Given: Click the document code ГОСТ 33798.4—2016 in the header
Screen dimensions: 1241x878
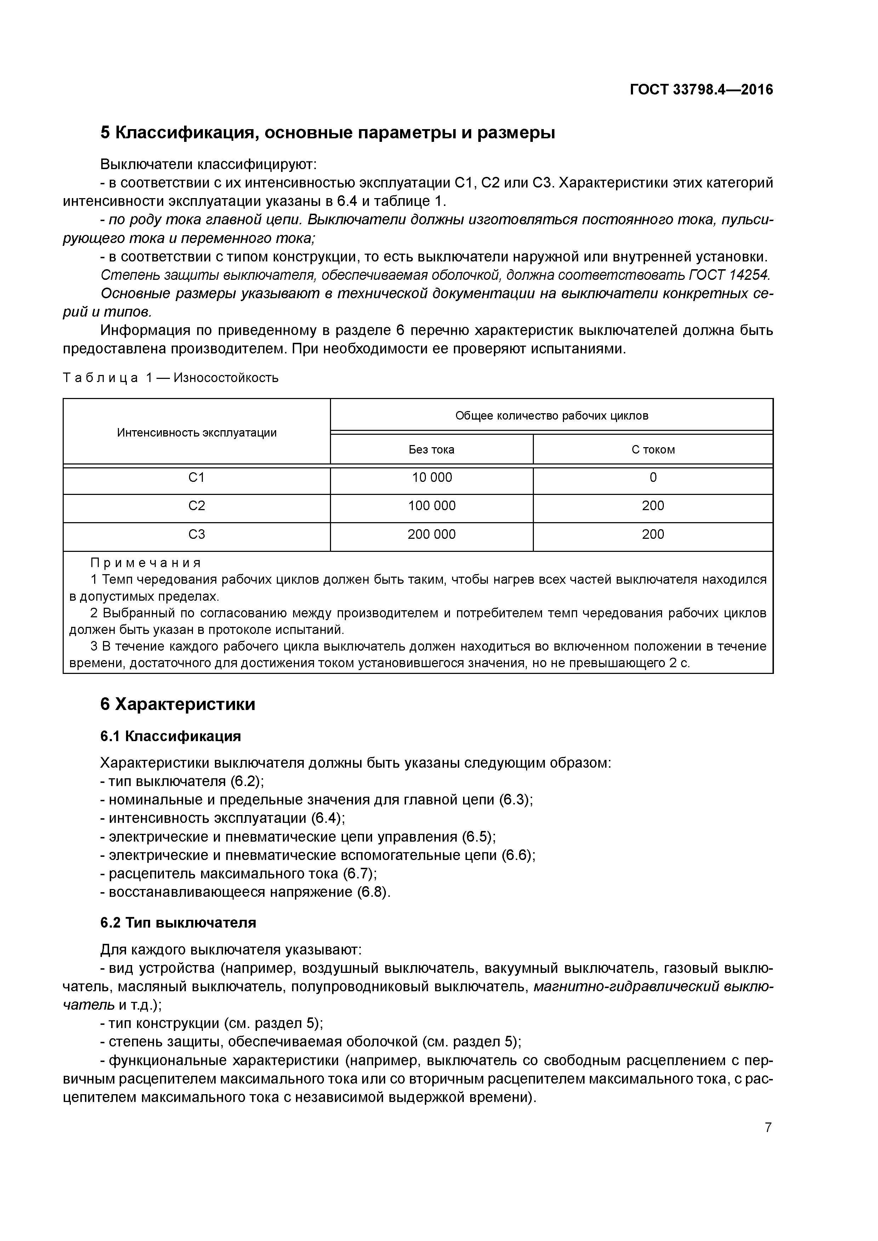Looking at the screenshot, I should click(x=701, y=89).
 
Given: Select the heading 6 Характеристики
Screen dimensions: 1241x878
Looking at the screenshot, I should click(x=177, y=704).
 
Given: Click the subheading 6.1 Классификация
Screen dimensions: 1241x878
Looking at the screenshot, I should click(x=170, y=736).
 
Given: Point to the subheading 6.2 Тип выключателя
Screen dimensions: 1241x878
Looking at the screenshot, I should click(x=178, y=923).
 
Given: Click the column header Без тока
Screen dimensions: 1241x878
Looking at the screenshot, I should click(x=431, y=450).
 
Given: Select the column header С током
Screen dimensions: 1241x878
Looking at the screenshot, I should click(x=653, y=450).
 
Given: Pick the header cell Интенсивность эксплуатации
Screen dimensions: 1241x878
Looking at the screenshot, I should click(x=196, y=432).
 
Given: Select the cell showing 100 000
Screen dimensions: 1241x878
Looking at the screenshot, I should click(x=431, y=506).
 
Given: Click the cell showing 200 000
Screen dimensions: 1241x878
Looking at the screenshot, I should click(x=431, y=535).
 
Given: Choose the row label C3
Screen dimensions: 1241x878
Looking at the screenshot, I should click(x=196, y=535).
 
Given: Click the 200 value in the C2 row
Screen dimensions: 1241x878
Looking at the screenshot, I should click(x=653, y=506).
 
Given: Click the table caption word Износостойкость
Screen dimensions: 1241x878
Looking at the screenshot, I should click(x=226, y=378).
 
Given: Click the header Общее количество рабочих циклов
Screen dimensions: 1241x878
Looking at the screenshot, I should click(x=551, y=416).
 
